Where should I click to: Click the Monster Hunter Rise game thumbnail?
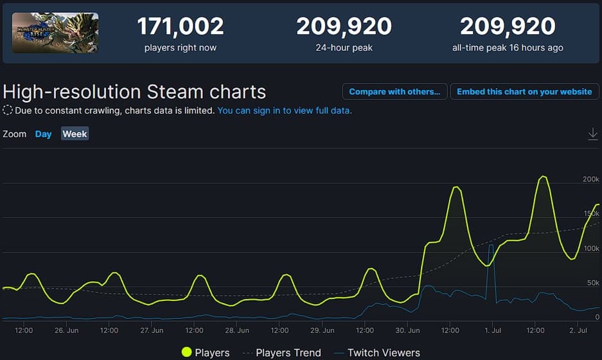(55, 32)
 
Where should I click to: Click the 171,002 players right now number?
(180, 26)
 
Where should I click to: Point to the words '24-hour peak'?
(344, 48)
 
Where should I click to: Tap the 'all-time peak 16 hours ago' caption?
(508, 48)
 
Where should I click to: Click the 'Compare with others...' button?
(394, 92)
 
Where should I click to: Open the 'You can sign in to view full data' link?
(285, 111)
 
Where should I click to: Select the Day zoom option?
(43, 134)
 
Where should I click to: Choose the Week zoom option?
(75, 134)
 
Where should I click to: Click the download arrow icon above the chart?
(593, 134)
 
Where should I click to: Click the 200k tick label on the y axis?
(590, 179)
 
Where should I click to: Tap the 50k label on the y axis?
(592, 283)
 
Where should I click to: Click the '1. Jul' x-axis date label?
(492, 330)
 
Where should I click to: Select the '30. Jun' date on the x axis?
(407, 330)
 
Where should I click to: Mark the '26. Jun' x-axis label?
(67, 330)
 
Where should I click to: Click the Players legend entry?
(205, 352)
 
